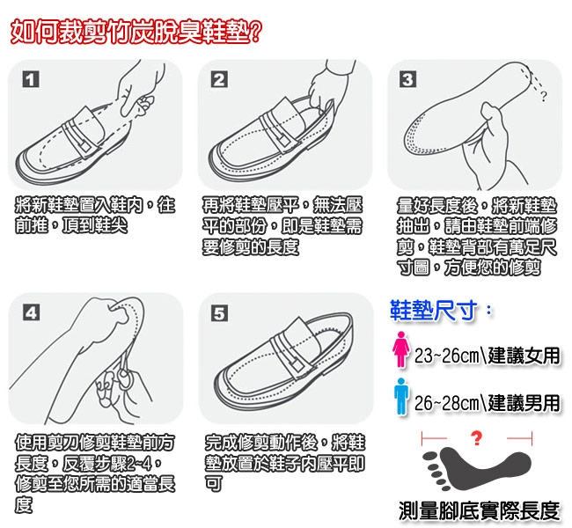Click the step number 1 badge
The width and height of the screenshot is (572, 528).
[x=31, y=79]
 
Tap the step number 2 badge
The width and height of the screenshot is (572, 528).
[x=219, y=79]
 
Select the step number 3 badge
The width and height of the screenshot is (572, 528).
[x=407, y=79]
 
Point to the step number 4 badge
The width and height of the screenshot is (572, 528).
[x=32, y=313]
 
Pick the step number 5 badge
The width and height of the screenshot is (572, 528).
[x=220, y=313]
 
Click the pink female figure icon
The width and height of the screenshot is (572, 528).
[x=401, y=348]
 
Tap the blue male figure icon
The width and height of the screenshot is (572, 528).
[x=401, y=396]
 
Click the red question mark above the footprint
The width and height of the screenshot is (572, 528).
[x=476, y=438]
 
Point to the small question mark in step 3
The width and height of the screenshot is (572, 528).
[x=544, y=96]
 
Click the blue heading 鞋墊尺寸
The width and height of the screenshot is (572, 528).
[x=434, y=311]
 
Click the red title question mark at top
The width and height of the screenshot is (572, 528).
[x=255, y=32]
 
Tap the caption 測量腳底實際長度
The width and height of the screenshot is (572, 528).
[x=479, y=510]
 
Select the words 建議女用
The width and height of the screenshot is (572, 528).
[x=524, y=356]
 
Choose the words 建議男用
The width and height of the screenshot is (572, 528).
[x=524, y=403]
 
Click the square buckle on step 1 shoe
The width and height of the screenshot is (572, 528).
[x=85, y=146]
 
